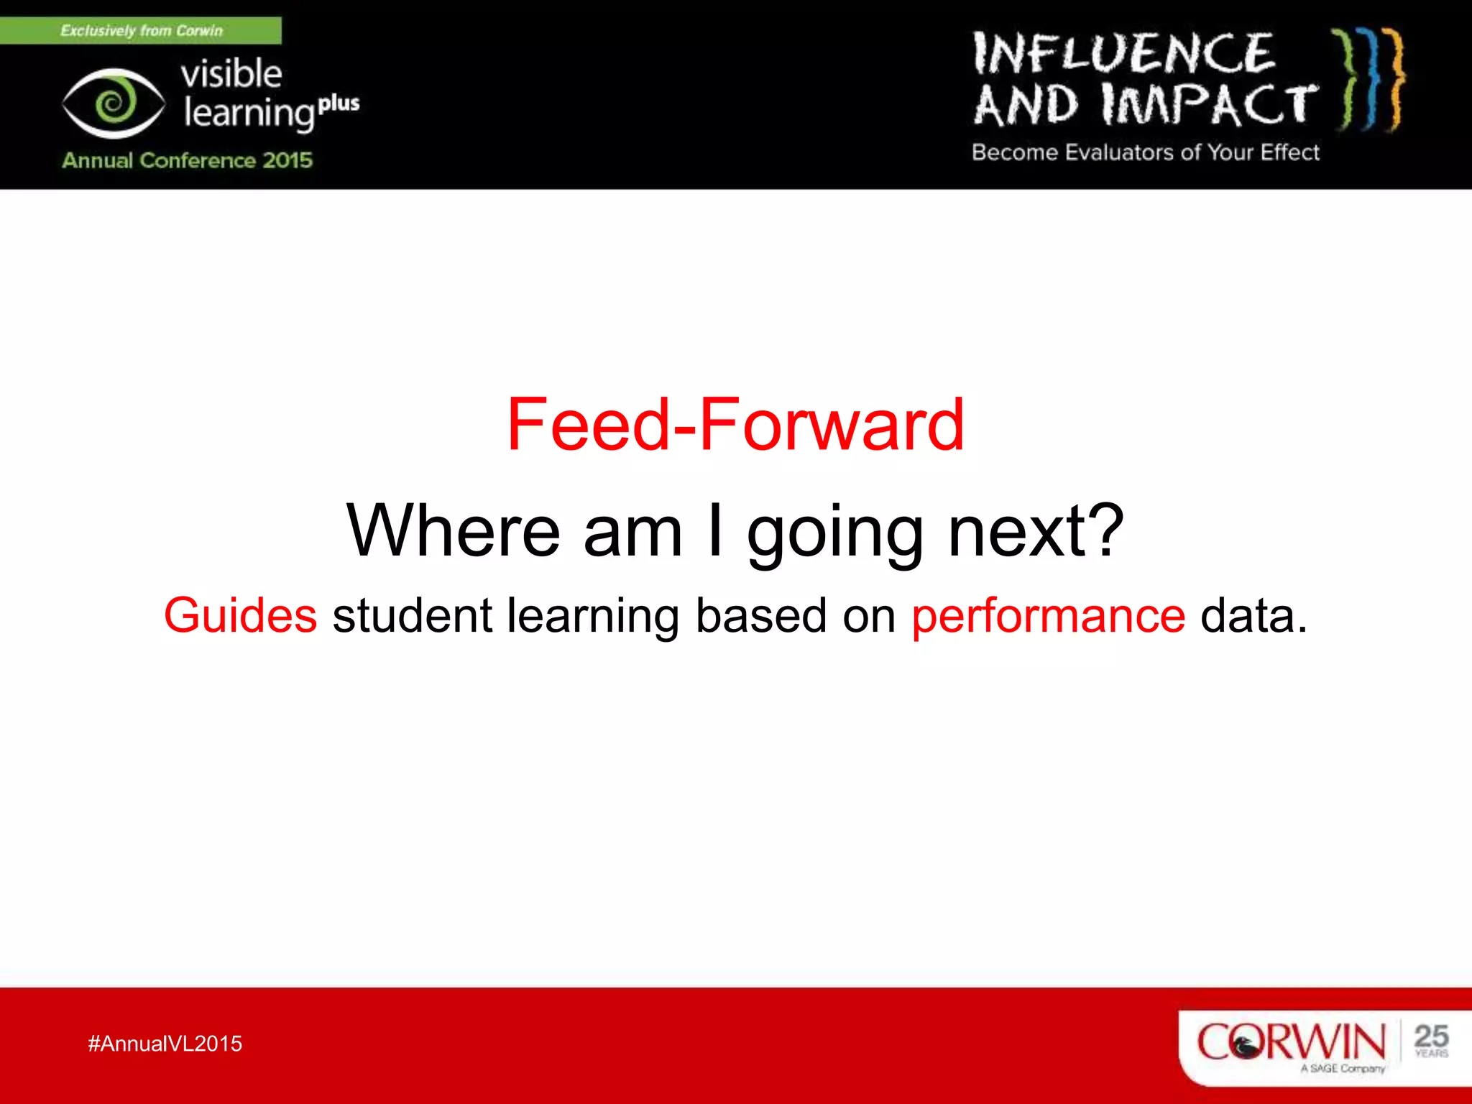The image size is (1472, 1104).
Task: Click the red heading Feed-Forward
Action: [x=735, y=425]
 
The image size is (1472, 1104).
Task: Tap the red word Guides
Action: [x=240, y=616]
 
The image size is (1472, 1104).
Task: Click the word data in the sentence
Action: [x=1252, y=616]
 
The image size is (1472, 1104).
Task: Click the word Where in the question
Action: [x=453, y=531]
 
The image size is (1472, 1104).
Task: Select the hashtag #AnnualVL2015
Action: [x=165, y=1044]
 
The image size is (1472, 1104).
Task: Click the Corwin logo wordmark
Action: [x=1290, y=1041]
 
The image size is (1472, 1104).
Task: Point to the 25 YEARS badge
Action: [x=1430, y=1040]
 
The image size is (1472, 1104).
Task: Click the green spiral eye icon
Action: [x=113, y=104]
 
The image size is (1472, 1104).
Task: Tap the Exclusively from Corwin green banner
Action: [x=141, y=31]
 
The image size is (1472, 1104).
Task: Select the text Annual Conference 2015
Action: [x=187, y=160]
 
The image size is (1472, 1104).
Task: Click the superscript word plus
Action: [x=339, y=103]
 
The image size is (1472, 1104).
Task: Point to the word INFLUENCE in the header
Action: [x=1124, y=54]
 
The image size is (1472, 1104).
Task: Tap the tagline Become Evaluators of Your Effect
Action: [x=1146, y=152]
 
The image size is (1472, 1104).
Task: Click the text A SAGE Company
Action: [x=1342, y=1069]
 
